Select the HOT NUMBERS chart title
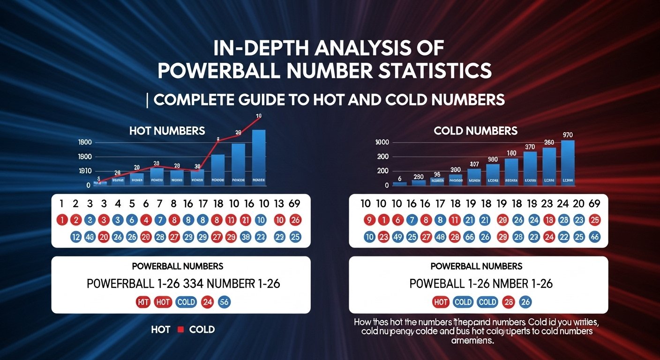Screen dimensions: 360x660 click(167, 131)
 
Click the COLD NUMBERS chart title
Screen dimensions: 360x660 click(476, 130)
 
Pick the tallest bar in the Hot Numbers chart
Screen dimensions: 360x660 click(259, 157)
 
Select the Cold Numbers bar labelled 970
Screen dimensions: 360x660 click(568, 162)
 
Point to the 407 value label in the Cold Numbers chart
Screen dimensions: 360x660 click(474, 164)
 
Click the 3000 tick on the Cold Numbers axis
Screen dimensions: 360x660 click(383, 142)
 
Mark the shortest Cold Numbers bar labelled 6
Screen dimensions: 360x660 click(399, 183)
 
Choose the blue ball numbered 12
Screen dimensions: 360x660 click(75, 237)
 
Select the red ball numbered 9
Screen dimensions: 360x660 click(369, 220)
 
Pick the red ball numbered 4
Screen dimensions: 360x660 click(146, 220)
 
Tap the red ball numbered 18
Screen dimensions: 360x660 click(549, 220)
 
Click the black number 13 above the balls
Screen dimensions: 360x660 click(279, 203)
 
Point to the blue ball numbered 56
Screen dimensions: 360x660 click(224, 302)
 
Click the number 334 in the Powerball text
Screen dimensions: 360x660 click(186, 284)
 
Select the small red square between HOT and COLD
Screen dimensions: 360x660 click(180, 330)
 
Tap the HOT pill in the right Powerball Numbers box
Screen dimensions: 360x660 click(441, 302)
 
